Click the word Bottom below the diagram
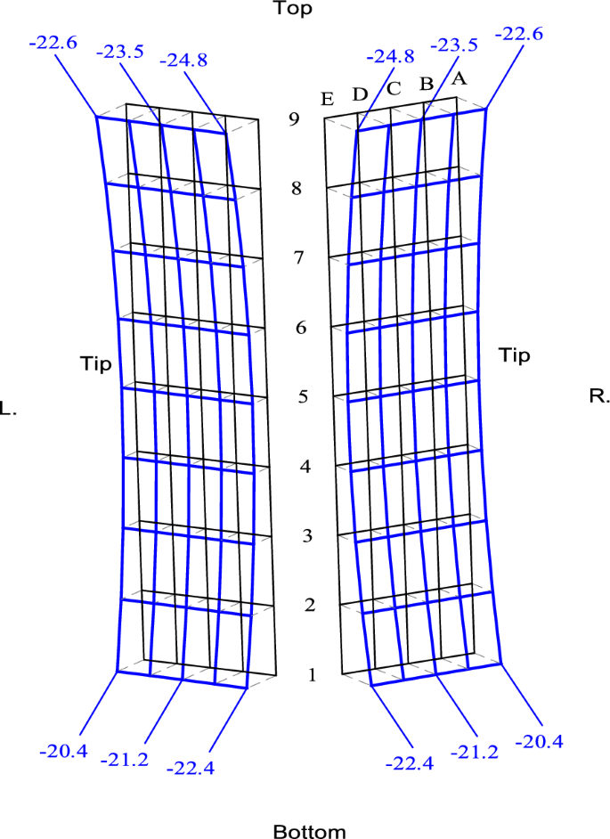(x=309, y=831)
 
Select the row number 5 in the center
(x=303, y=396)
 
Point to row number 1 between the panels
(x=312, y=674)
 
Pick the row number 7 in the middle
(x=301, y=258)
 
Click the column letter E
(x=327, y=100)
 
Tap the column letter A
(x=459, y=77)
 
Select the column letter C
(x=394, y=87)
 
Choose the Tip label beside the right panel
(x=514, y=356)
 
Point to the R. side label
(x=599, y=396)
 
